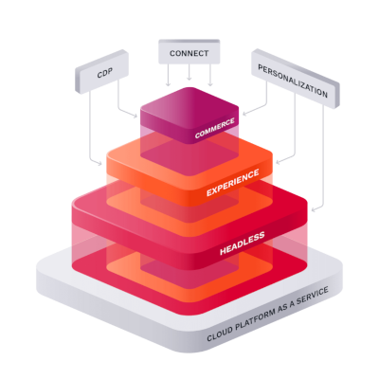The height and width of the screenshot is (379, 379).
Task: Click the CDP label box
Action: pos(105,73)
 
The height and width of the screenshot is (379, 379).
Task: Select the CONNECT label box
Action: pos(189,53)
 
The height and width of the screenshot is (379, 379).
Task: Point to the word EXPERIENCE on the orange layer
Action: pos(232,184)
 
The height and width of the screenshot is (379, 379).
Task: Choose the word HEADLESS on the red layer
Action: pos(242,242)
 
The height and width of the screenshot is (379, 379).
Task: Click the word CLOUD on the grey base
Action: pos(225,335)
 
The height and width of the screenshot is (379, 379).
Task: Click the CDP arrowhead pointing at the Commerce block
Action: pos(136,117)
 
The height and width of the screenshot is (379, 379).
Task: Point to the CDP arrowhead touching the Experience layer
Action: pos(102,163)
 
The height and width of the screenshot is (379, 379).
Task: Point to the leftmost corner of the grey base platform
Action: pos(38,279)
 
